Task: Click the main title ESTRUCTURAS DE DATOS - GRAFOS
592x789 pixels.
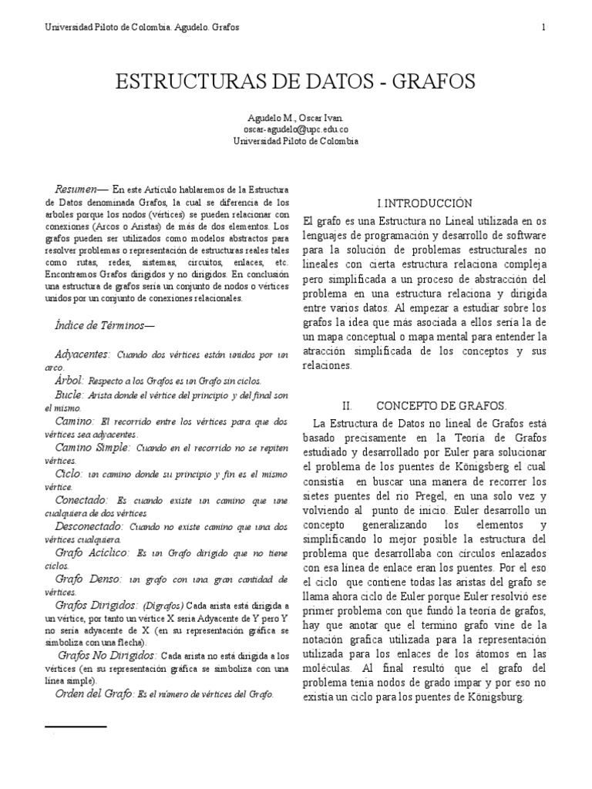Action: (295, 82)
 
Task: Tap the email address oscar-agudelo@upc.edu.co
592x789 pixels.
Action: (295, 130)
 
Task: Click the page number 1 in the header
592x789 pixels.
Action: (543, 27)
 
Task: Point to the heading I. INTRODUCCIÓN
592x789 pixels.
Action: (424, 203)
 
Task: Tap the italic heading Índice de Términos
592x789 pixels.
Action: (106, 326)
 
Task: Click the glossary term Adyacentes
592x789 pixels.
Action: (83, 354)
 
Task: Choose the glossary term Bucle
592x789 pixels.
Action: (70, 394)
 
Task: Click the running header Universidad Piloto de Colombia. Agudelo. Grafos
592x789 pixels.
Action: (142, 27)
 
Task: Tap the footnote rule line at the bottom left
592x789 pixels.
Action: (76, 727)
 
